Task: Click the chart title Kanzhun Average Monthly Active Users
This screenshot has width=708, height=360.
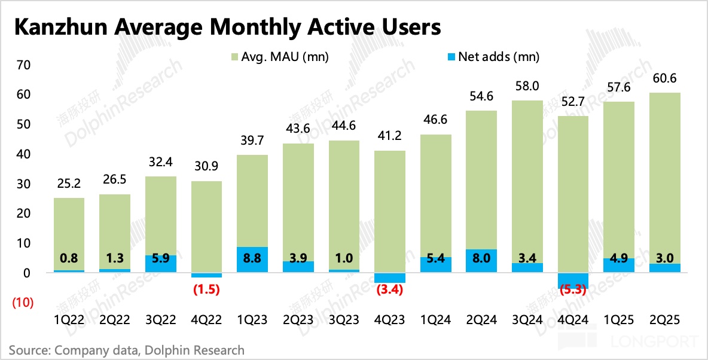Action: (x=227, y=28)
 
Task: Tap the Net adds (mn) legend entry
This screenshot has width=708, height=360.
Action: (x=493, y=57)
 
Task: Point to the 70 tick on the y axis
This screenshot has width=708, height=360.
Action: (x=22, y=65)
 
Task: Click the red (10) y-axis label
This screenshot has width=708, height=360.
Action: (x=23, y=303)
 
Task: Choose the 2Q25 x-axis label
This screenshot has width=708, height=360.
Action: (x=664, y=321)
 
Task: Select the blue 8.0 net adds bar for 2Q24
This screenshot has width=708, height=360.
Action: (x=481, y=261)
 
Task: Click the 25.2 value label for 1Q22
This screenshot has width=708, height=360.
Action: (x=69, y=185)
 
